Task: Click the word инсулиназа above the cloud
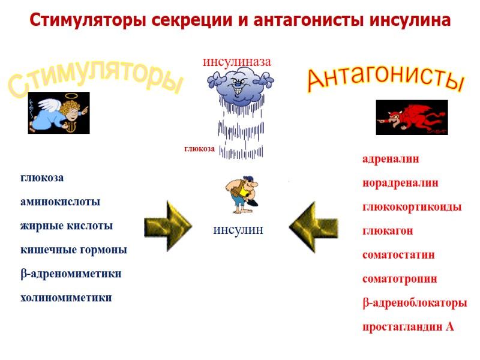(237, 61)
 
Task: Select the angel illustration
(58, 113)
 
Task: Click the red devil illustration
(412, 117)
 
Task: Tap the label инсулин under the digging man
(238, 230)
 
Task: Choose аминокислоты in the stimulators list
(61, 202)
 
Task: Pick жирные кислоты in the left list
(67, 226)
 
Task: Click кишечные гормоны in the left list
(74, 250)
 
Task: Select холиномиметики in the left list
(66, 298)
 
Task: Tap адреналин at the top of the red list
(391, 159)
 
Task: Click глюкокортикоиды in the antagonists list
(412, 207)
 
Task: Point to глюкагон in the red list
(387, 231)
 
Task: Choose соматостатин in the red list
(398, 255)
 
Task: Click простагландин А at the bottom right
(408, 327)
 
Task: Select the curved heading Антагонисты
(386, 81)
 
